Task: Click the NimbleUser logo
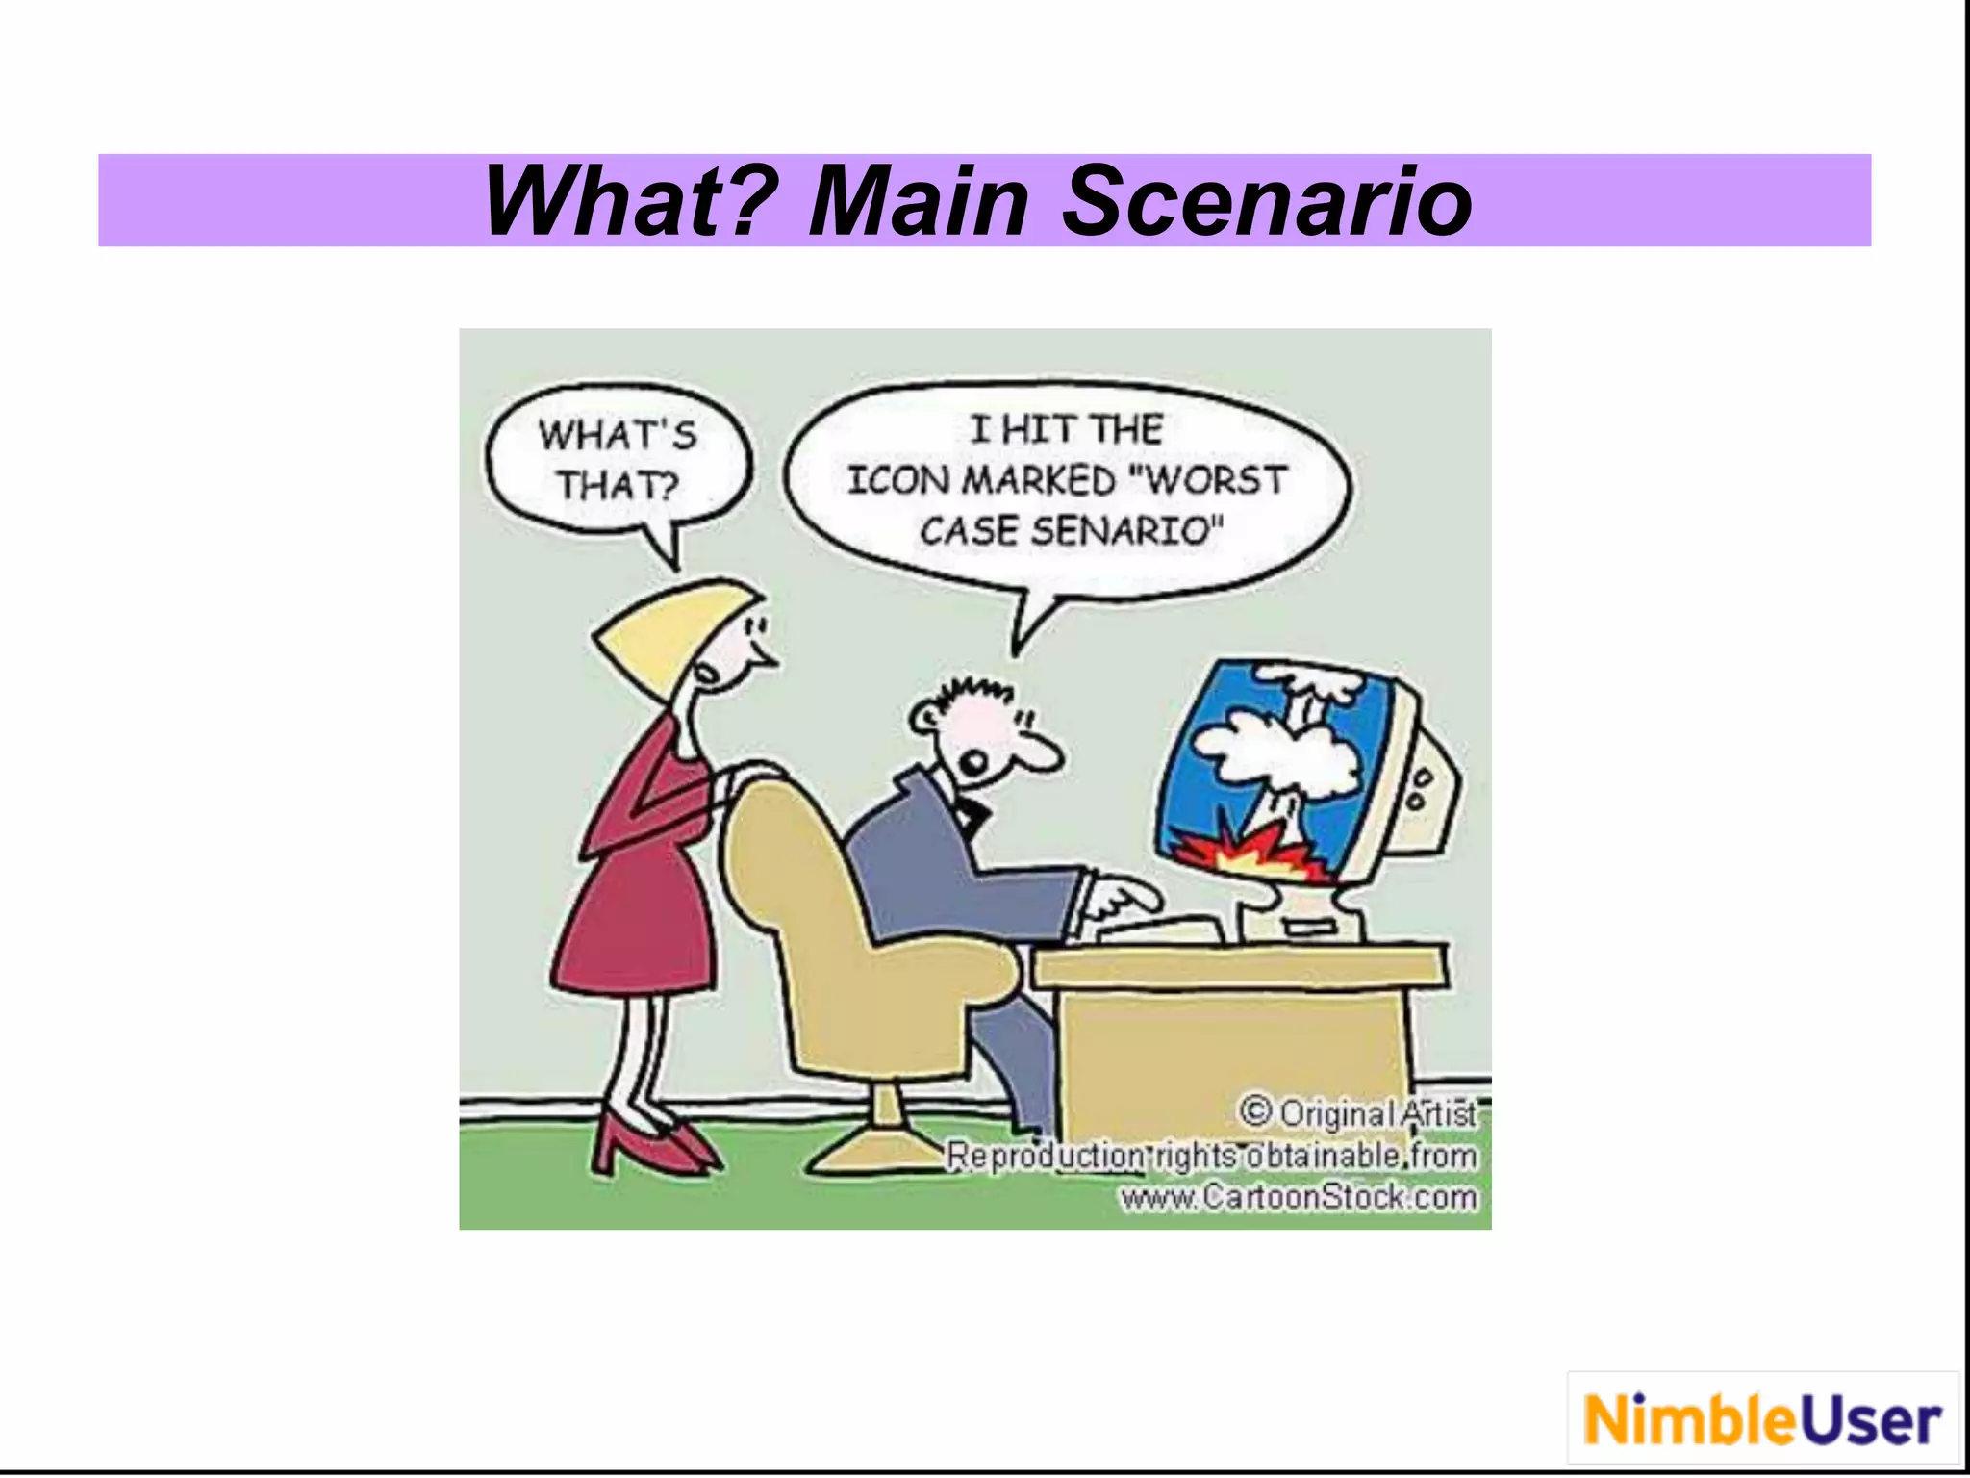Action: click(x=1762, y=1420)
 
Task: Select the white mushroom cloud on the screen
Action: click(x=1279, y=751)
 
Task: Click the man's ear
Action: click(x=926, y=716)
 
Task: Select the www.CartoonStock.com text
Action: click(x=1299, y=1197)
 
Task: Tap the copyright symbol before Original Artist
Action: click(x=1255, y=1111)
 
